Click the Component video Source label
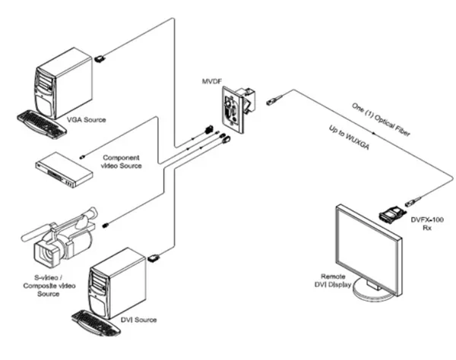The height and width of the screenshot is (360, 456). point(126,162)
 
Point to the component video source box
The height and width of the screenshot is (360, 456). point(64,168)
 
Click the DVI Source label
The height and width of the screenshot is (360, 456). point(137,319)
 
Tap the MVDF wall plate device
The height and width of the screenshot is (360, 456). point(236,107)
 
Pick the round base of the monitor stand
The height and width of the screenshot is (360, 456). point(375,292)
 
